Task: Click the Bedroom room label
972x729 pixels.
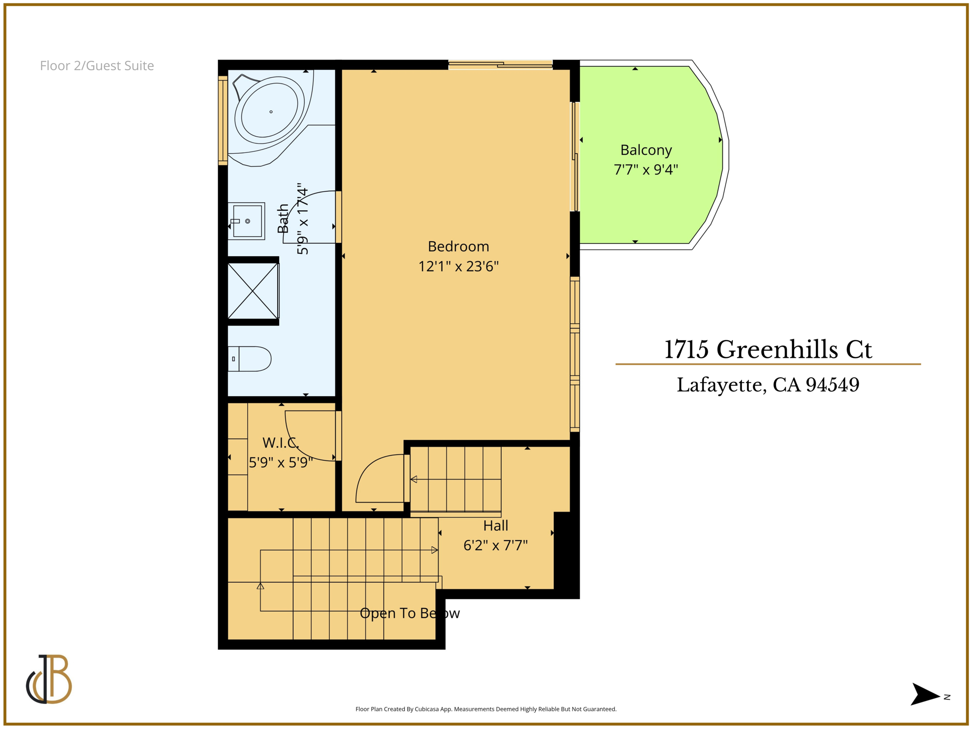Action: point(458,246)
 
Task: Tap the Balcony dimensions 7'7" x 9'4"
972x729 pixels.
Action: point(645,169)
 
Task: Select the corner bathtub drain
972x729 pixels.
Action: point(271,112)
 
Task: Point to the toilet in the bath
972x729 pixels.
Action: point(250,359)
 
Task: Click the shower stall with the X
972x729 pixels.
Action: point(253,291)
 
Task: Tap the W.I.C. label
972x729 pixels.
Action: point(280,443)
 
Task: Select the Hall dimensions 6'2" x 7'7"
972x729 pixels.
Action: point(495,545)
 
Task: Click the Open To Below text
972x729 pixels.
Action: point(410,613)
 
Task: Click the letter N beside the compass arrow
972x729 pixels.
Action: point(947,697)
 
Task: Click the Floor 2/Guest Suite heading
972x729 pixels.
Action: point(97,65)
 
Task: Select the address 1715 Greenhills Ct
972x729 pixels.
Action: point(767,349)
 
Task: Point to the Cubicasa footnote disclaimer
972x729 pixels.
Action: point(486,709)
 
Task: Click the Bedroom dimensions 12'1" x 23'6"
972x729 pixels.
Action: point(458,266)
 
